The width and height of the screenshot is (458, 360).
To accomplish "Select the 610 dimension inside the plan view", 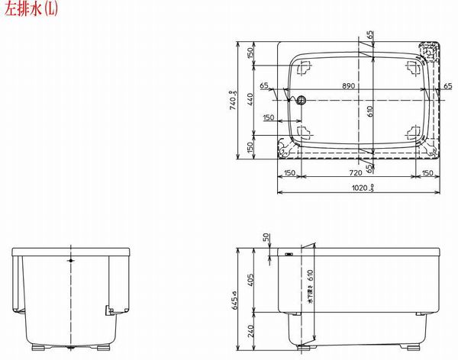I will coord(369,111).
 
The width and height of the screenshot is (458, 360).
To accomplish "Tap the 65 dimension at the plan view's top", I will coord(370,36).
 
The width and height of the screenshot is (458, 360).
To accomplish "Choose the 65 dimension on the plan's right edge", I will coord(448,86).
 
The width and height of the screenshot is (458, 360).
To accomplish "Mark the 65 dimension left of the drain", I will coord(264,86).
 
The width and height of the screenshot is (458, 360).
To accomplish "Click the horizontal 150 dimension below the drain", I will coord(269,118).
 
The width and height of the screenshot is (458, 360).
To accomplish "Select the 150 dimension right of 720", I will coord(427,174).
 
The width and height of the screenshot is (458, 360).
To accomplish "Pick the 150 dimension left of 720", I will coord(289,174).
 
